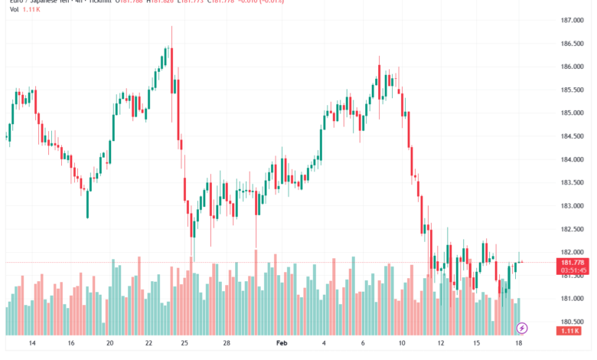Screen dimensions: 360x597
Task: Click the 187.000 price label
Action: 574,20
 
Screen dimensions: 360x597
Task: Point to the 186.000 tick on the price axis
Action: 574,67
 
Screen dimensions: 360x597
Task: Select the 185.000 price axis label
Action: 574,113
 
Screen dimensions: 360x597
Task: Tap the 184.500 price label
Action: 574,136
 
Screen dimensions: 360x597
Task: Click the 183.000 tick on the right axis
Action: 574,206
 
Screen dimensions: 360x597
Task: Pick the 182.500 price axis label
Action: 574,229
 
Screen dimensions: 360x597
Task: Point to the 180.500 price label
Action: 574,322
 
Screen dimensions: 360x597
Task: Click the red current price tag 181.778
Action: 574,262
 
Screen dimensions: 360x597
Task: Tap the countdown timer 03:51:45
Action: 574,270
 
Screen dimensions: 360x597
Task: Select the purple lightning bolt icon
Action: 522,328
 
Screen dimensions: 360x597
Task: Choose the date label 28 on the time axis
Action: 227,344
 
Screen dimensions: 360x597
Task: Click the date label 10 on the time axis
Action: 402,344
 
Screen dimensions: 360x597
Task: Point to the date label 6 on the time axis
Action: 364,344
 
